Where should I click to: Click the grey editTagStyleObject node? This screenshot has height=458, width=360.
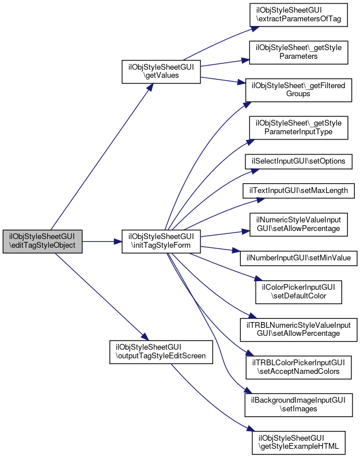tap(43, 241)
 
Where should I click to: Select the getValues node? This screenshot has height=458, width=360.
tap(161, 71)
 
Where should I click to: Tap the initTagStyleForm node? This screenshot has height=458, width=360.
tap(161, 241)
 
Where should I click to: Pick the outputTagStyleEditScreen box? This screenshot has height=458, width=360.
tap(161, 352)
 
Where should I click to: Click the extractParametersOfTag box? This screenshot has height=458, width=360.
tap(298, 15)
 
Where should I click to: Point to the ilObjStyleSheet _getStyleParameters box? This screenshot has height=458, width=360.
tap(298, 52)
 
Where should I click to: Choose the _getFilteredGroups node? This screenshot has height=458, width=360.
tap(298, 90)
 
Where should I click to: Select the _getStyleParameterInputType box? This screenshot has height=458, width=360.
tap(298, 128)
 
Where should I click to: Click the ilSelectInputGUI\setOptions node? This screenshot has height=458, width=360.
tap(298, 161)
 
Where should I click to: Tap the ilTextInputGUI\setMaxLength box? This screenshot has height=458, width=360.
tap(298, 191)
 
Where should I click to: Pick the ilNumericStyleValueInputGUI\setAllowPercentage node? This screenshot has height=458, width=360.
tap(298, 224)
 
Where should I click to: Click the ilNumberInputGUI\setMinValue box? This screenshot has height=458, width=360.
tap(298, 258)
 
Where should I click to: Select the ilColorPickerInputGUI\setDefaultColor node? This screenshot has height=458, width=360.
tap(298, 292)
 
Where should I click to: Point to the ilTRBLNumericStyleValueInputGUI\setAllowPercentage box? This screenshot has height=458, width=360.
tap(298, 330)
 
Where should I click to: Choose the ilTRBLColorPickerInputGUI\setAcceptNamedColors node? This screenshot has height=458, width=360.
tap(298, 368)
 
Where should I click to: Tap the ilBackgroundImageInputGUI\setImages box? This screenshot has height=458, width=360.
tap(298, 405)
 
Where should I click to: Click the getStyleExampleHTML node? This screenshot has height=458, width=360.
tap(298, 442)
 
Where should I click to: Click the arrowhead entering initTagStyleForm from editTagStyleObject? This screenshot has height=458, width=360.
tap(118, 241)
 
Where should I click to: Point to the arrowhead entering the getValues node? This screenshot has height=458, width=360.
tap(150, 87)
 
